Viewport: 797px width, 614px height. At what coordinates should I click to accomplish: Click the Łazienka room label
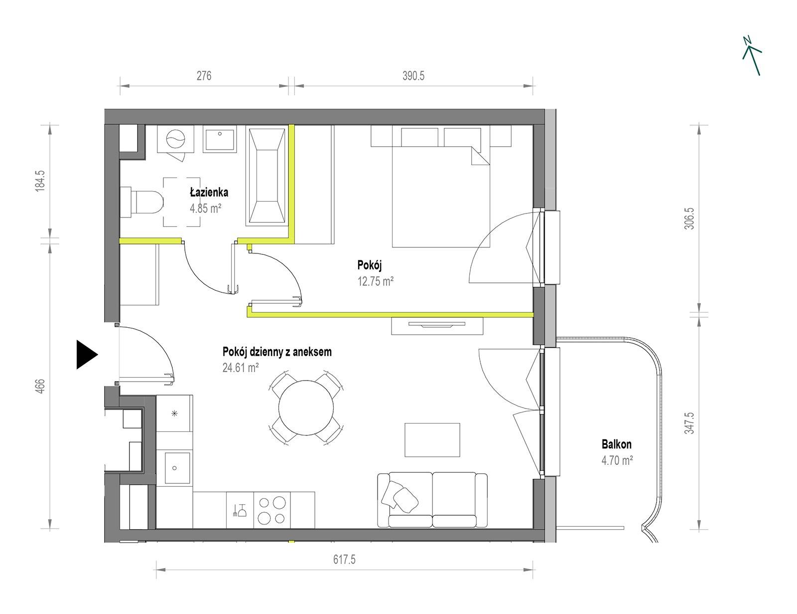point(209,192)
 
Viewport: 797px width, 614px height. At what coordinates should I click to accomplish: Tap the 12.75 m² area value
point(376,282)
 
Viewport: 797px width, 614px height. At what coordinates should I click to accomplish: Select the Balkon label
point(617,444)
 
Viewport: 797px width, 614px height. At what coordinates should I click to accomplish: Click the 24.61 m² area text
point(241,368)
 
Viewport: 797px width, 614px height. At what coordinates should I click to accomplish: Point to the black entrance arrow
point(87,355)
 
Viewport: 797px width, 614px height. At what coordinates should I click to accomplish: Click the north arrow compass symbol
point(752,56)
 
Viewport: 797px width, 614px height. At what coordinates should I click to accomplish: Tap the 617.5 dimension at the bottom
point(344,559)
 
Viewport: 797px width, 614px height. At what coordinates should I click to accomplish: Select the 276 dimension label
point(204,76)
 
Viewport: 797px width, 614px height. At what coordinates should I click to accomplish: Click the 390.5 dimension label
point(413,76)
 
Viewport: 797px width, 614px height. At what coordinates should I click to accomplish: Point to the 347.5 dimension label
point(689,422)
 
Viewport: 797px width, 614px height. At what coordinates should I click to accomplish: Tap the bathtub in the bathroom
point(266,176)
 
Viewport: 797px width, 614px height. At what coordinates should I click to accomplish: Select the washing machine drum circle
point(176,139)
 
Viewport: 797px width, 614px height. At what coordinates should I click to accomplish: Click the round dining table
point(306,408)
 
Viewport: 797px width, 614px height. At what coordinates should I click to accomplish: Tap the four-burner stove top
point(271,510)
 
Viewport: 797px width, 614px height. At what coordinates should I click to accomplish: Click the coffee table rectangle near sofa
point(432,439)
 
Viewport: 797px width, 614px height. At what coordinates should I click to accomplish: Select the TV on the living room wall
point(436,325)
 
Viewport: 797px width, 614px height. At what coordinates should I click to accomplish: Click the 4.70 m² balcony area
point(617,460)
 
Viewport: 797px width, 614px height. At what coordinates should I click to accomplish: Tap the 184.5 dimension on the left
point(40,181)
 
